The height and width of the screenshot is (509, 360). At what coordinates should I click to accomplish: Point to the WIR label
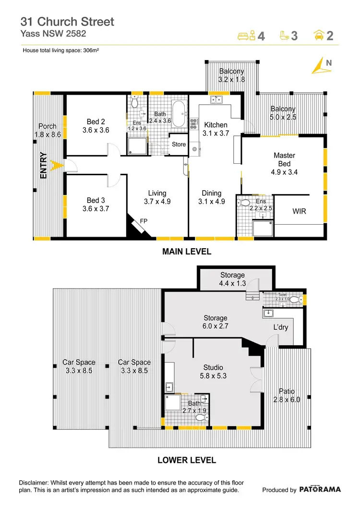tap(300, 211)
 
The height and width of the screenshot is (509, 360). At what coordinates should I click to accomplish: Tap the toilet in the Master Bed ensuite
tap(244, 203)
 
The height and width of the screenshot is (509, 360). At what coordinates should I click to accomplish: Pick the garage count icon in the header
tap(318, 35)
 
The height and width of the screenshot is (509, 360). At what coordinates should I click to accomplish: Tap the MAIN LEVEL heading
tap(187, 252)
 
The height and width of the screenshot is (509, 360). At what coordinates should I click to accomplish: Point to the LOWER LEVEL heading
tap(187, 460)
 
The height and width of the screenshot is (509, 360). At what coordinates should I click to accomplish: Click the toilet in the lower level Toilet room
tap(300, 300)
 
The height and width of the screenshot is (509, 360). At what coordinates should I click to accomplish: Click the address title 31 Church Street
tap(67, 22)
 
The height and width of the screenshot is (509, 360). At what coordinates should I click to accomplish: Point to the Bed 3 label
tap(96, 200)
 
